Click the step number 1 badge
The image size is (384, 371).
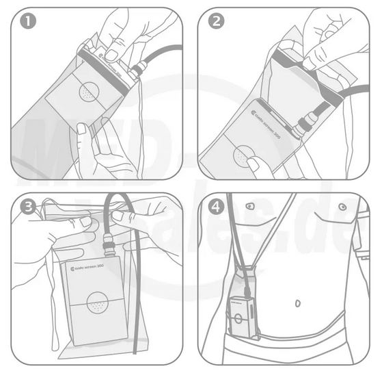point(28,22)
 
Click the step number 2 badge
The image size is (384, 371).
point(217,22)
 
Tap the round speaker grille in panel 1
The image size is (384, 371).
point(87,93)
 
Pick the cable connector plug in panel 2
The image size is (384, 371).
point(302,125)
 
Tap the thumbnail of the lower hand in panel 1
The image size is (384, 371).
point(82,129)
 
